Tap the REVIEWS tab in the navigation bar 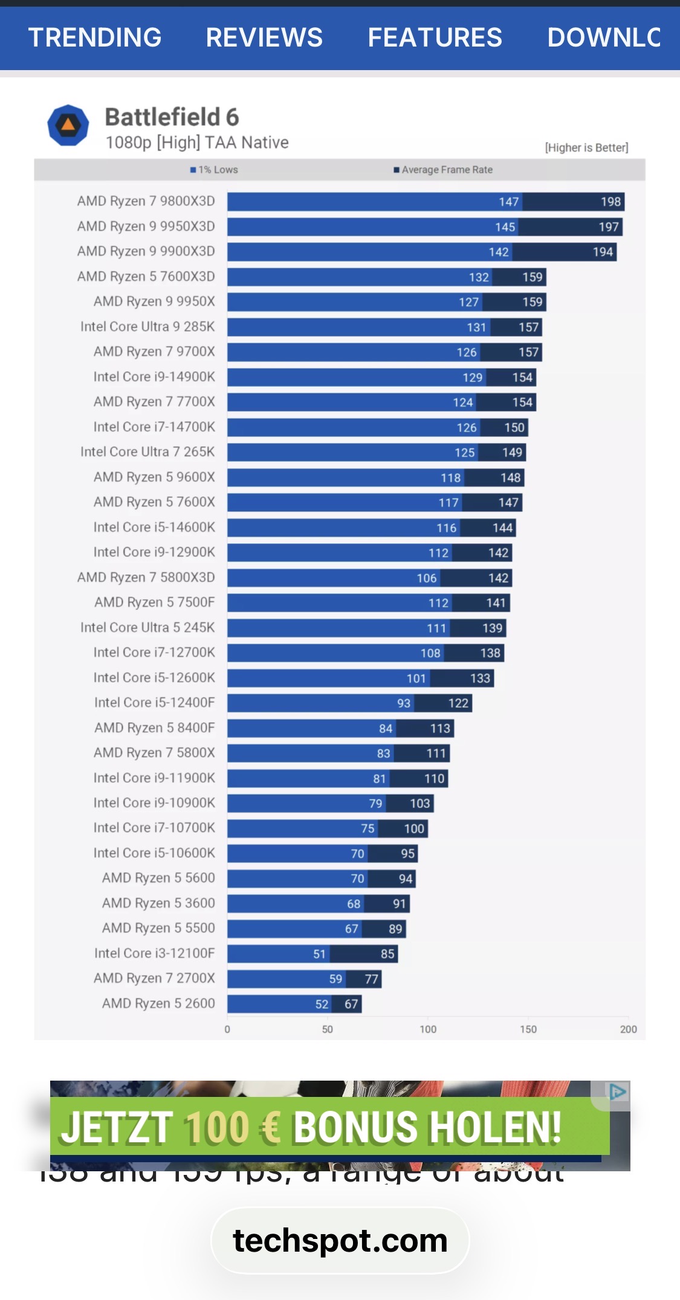pyautogui.click(x=264, y=37)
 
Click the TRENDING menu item pyautogui.click(x=95, y=37)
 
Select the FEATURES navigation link pyautogui.click(x=435, y=37)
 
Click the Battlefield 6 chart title pyautogui.click(x=172, y=117)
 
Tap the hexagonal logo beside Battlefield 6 pyautogui.click(x=68, y=125)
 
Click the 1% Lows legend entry pyautogui.click(x=215, y=170)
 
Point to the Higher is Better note pyautogui.click(x=586, y=147)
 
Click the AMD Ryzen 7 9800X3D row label pyautogui.click(x=146, y=201)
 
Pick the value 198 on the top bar pyautogui.click(x=610, y=202)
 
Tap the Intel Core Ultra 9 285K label pyautogui.click(x=147, y=327)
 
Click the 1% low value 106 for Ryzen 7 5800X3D pyautogui.click(x=427, y=578)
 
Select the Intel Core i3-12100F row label pyautogui.click(x=154, y=953)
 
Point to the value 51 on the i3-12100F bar pyautogui.click(x=319, y=954)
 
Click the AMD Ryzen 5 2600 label pyautogui.click(x=158, y=1003)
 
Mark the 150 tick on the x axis pyautogui.click(x=528, y=1029)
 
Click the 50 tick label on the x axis pyautogui.click(x=327, y=1029)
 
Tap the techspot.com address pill pyautogui.click(x=340, y=1241)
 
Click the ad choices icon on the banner pyautogui.click(x=617, y=1092)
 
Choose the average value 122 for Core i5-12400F pyautogui.click(x=458, y=703)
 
